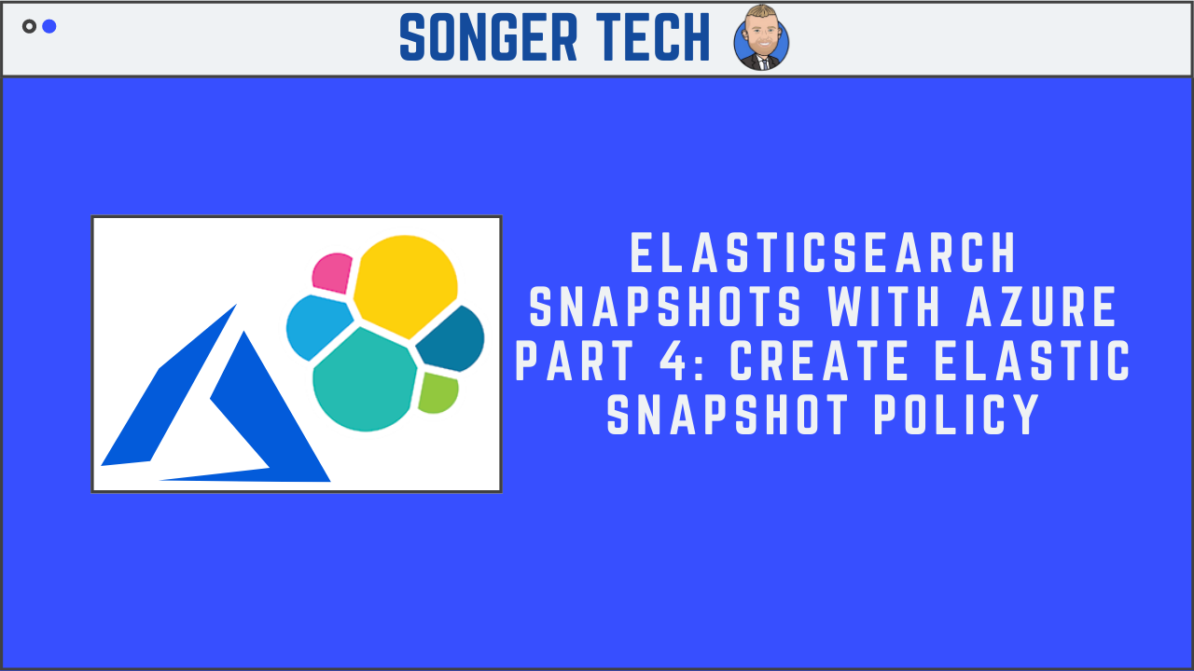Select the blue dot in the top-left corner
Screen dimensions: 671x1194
click(x=49, y=26)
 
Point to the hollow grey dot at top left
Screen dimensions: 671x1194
click(x=29, y=26)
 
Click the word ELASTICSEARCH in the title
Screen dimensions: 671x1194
click(x=823, y=253)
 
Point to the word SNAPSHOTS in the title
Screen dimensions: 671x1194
click(x=664, y=308)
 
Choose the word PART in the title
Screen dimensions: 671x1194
click(x=571, y=362)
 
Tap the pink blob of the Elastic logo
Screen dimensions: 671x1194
click(x=331, y=272)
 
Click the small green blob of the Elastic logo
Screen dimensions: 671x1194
click(x=437, y=392)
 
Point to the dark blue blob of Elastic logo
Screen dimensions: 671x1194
click(x=453, y=340)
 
